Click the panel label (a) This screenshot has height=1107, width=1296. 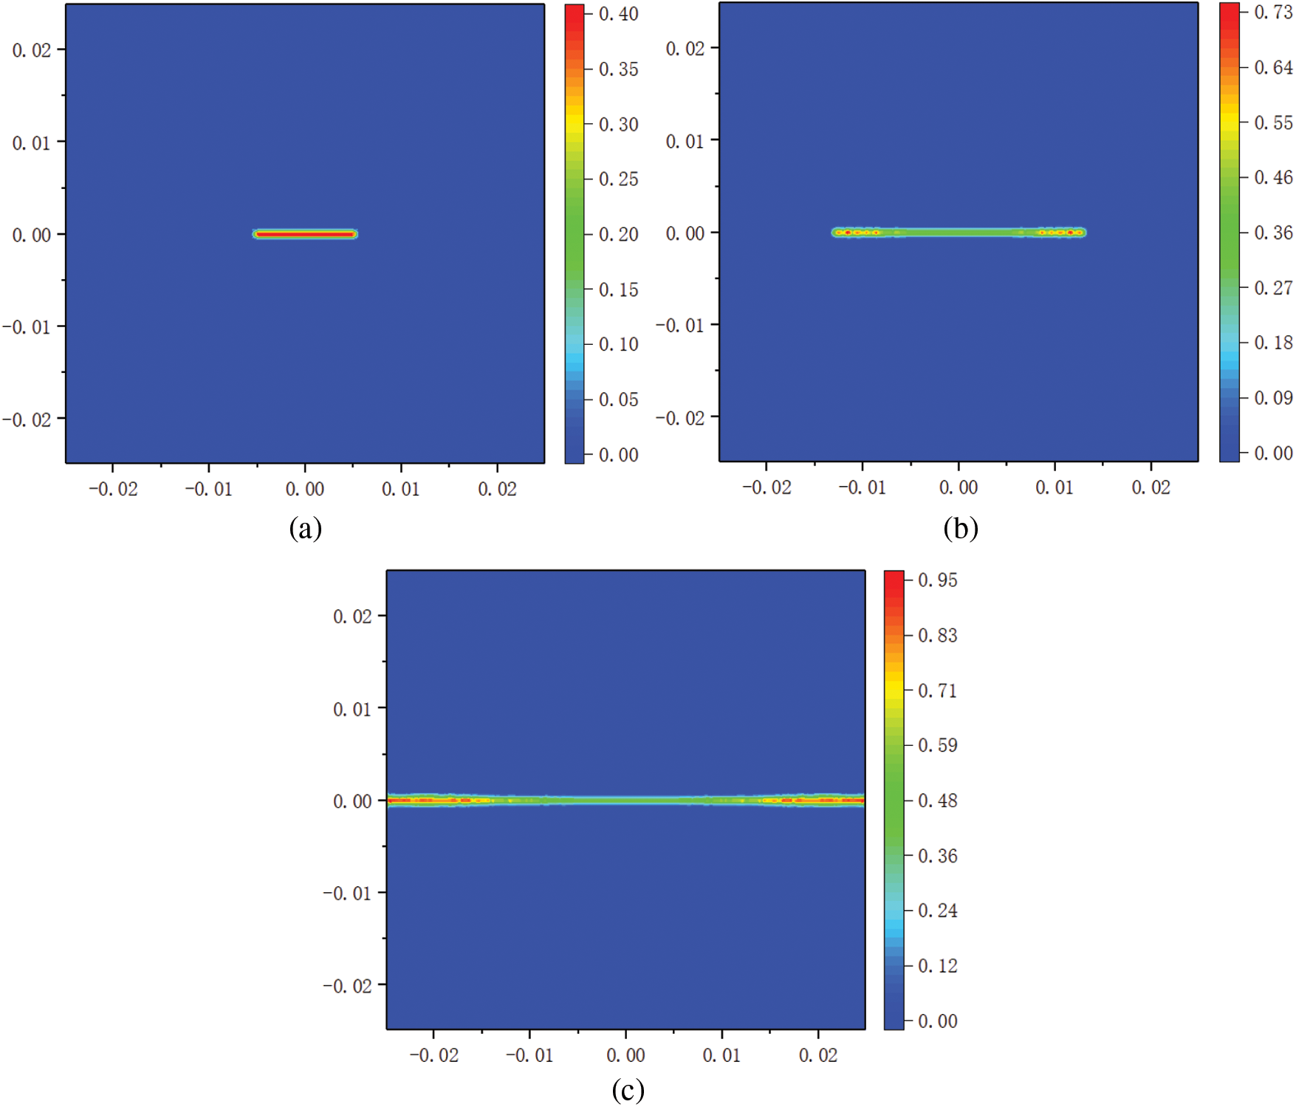305,529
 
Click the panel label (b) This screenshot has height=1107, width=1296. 960,529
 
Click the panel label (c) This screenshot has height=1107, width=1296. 628,1090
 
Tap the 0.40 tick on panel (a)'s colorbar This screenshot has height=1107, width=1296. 618,14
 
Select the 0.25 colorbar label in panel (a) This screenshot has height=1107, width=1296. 618,179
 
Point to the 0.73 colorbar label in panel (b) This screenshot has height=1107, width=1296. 1273,13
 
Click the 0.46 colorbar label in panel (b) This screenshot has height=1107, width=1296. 1273,178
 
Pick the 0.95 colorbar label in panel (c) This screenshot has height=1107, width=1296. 937,580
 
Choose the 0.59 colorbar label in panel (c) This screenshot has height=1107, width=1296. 937,746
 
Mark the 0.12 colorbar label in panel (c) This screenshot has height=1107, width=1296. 937,966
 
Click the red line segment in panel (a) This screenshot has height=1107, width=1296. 305,234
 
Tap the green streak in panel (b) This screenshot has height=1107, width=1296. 959,233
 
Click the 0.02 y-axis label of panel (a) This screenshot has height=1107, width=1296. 32,50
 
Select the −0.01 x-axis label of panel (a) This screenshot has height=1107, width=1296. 208,490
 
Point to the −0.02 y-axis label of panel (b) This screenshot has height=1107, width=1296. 679,419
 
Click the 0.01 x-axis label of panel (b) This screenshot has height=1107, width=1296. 1054,488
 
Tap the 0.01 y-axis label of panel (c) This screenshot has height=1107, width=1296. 352,710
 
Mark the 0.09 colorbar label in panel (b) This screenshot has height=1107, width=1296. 1273,398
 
